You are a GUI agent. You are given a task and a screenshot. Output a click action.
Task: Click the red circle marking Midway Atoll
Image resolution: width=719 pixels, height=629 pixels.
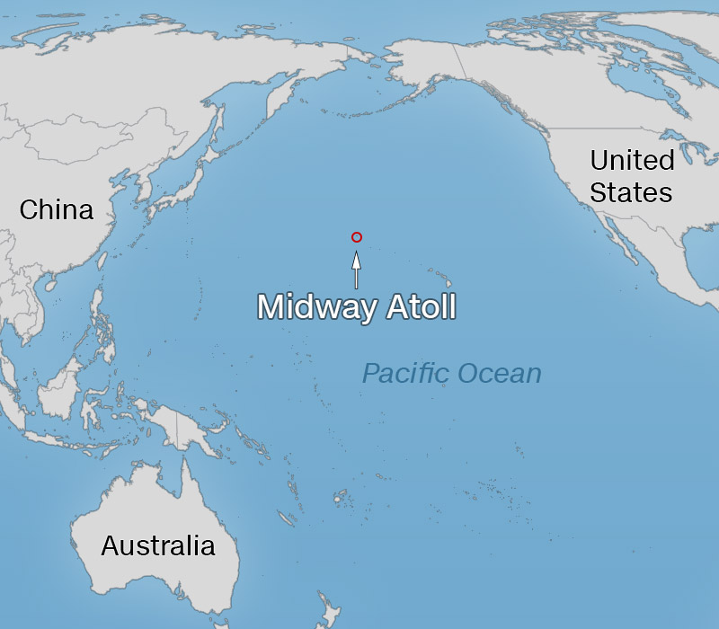coord(357,237)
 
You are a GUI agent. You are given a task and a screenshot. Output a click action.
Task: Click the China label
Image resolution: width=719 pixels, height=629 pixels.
coord(57,210)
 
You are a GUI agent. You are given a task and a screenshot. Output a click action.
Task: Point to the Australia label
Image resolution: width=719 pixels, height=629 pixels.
coord(158,545)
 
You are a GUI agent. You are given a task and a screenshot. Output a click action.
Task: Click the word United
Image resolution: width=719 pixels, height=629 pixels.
coord(632,161)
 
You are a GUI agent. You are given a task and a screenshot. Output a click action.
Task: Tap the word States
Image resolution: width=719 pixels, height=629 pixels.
coord(632,192)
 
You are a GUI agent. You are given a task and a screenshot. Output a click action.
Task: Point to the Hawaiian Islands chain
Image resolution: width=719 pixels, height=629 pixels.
coord(439,273)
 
